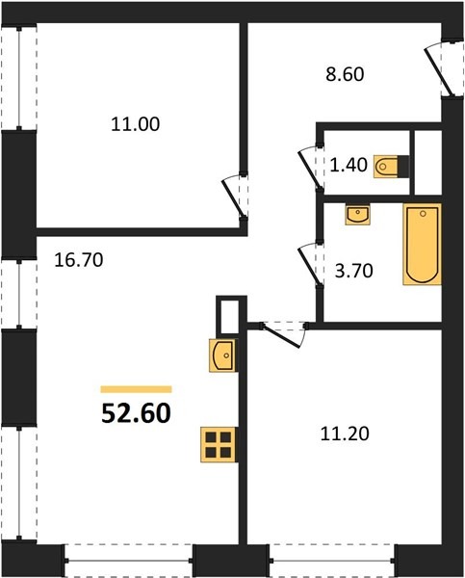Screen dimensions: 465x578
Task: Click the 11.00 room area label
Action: pos(135,124)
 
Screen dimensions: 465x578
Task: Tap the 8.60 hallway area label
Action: pos(345,74)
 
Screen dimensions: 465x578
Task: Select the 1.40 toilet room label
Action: pos(349,165)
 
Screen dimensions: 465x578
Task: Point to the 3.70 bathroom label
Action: pos(353,271)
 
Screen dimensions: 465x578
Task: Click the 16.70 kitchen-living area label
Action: pos(79,260)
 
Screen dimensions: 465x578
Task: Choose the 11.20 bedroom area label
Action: pos(345,433)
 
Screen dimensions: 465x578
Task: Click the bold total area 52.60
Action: pos(136,413)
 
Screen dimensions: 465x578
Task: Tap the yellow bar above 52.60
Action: pos(137,389)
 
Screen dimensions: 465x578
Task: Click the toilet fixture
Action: pos(391,167)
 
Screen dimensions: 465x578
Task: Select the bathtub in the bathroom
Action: pos(423,244)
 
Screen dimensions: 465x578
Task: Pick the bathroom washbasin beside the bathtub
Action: pos(357,215)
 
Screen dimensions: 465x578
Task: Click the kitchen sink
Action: pos(222,355)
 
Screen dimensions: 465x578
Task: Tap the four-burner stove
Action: pos(219,444)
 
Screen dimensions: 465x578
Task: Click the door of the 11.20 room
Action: pos(284,334)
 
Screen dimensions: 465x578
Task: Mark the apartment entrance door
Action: pos(442,68)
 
